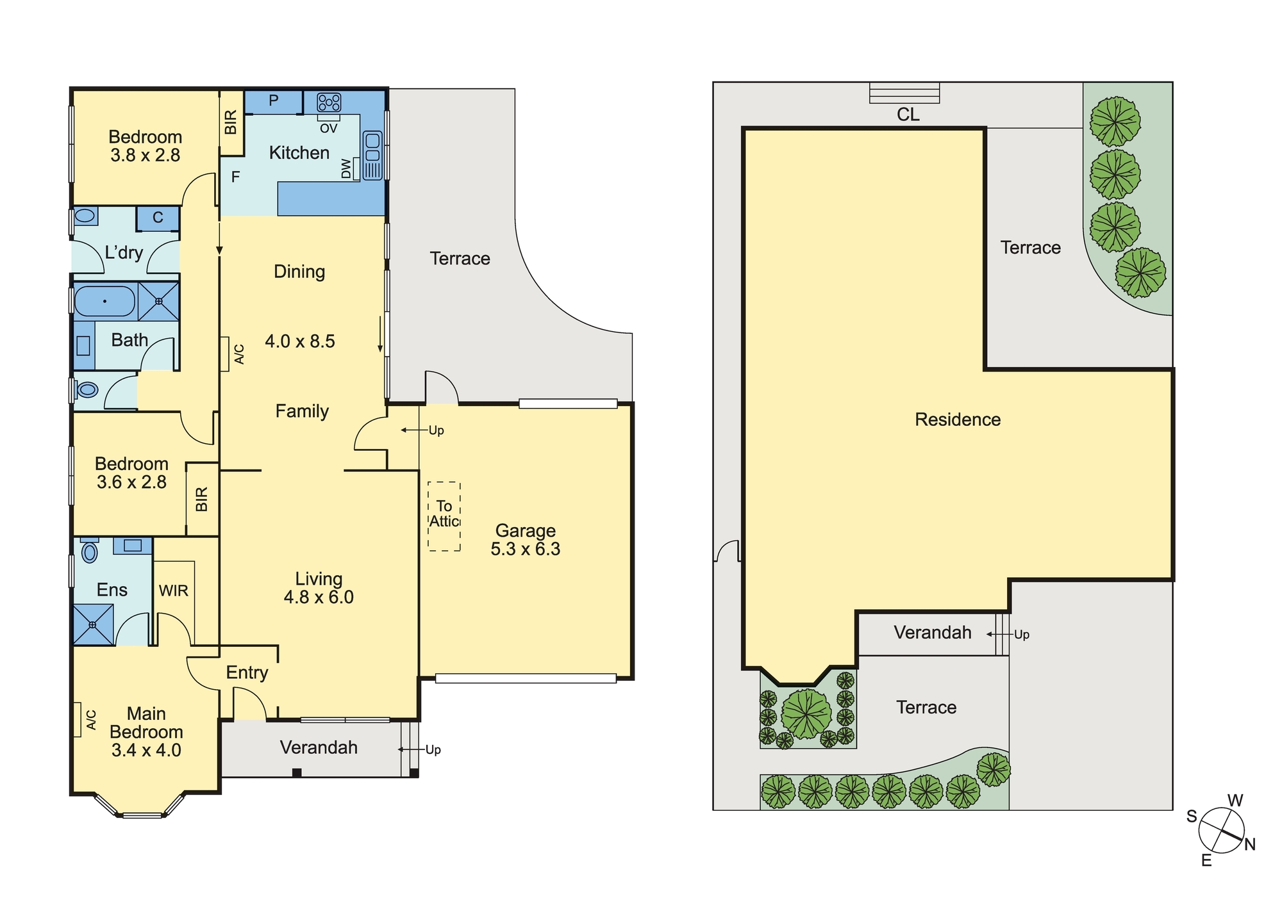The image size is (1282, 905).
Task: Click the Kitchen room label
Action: coord(299,153)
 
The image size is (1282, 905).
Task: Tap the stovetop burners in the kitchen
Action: coord(329,102)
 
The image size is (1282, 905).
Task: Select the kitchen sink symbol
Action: coord(372,156)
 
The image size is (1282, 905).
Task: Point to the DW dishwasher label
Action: coord(347,169)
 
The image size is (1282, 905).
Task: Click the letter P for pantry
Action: coord(274,101)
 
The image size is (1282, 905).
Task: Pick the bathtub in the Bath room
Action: coord(105,301)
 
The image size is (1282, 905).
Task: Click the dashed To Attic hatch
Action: coord(444,516)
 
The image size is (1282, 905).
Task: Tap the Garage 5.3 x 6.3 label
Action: coord(526,540)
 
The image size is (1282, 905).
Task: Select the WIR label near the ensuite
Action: coord(174,591)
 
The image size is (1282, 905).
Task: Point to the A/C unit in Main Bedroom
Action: coord(78,720)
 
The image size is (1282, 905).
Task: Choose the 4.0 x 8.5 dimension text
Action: coord(300,341)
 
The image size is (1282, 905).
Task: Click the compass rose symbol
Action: coord(1222,830)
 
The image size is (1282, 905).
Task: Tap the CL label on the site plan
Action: coord(908,115)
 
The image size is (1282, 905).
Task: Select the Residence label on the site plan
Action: coord(958,420)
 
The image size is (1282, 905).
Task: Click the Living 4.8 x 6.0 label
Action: coord(319,588)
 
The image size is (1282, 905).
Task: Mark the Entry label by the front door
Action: coord(247,673)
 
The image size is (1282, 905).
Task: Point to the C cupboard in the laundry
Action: coord(158,218)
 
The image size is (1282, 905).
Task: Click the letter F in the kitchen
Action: coord(235,177)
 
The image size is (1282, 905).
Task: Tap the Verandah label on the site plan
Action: coord(933,633)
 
